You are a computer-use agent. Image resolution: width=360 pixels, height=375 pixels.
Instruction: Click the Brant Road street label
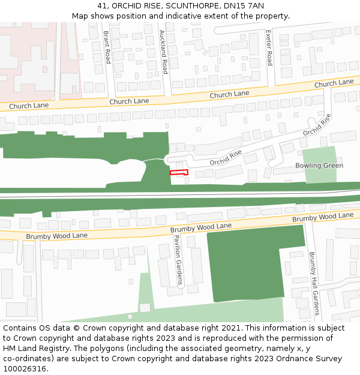107,48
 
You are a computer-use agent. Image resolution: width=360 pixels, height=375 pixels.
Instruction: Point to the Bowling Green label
319,166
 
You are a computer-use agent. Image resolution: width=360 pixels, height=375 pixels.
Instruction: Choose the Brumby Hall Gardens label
312,279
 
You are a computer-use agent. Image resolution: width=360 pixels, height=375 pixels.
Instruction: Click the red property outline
179,172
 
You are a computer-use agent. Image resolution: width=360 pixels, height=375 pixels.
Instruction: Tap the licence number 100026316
24,369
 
